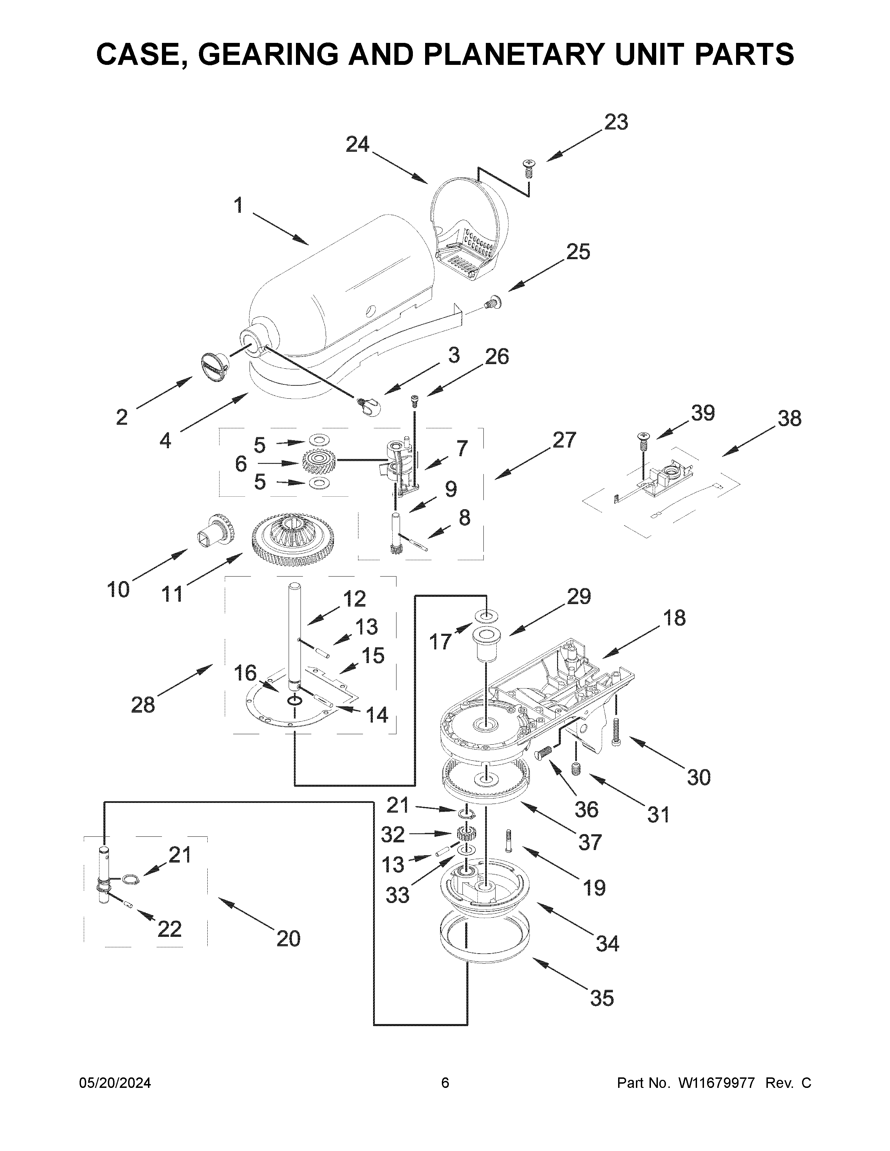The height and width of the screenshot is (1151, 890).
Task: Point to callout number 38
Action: pyautogui.click(x=789, y=419)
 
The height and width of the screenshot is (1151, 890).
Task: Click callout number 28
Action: pyautogui.click(x=143, y=704)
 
